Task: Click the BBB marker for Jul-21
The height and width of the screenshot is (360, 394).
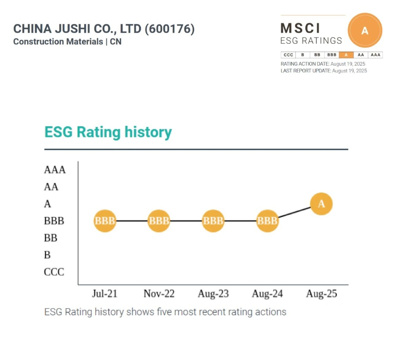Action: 105,221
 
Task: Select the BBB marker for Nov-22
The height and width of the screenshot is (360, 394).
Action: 159,221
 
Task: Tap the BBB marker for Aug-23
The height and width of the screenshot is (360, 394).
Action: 213,221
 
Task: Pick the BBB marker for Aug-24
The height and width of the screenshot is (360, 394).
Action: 268,221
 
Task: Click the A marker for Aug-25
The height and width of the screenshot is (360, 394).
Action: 322,204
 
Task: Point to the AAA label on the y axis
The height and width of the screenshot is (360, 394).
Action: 55,170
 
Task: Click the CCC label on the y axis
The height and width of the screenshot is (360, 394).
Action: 54,272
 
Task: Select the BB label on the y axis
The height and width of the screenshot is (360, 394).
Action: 51,238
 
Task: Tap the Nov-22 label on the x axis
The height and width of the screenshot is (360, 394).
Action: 159,294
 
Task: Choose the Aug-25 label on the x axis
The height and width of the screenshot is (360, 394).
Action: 322,294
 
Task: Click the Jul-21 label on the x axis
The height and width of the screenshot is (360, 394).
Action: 105,294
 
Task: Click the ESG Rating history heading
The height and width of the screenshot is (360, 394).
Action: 108,132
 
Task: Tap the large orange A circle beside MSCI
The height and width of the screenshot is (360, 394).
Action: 365,31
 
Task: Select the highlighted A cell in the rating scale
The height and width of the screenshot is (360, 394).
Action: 346,55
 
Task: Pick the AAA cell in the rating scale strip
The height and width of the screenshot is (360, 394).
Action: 375,55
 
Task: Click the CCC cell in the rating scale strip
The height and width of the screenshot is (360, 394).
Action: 288,55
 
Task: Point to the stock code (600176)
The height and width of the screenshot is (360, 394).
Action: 170,29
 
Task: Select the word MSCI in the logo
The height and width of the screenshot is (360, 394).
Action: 300,28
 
